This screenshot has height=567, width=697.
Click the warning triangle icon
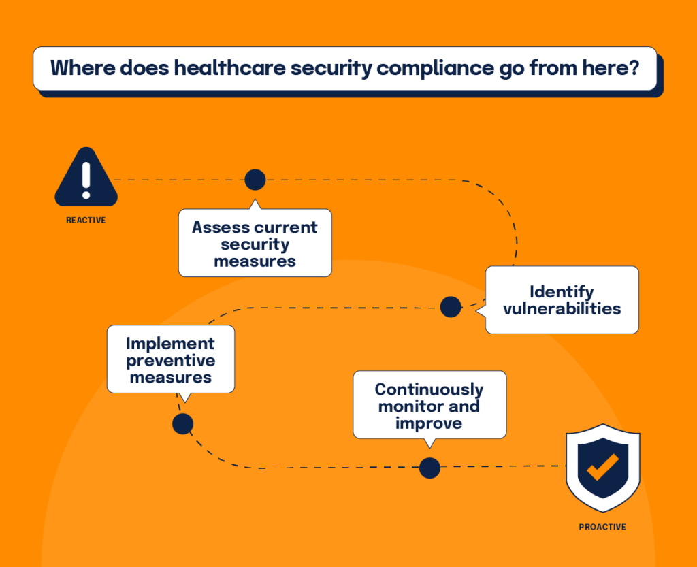pos(86,178)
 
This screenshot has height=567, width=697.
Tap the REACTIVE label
pos(86,221)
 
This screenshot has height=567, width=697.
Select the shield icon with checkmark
pos(602,468)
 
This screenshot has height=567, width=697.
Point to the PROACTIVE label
pos(602,527)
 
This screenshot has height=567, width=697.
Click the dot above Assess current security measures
pos(255,180)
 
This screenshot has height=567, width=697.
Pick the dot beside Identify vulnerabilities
pos(451,307)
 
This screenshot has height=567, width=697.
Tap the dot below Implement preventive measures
pos(182,425)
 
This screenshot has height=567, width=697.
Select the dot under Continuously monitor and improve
pos(429,468)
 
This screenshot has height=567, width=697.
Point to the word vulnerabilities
pos(562,308)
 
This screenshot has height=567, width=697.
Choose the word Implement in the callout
pos(171,344)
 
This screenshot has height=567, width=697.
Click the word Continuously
pos(429,390)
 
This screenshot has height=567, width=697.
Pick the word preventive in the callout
pos(171,360)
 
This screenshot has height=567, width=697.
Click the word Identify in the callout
pos(562,292)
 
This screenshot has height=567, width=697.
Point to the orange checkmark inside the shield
pos(602,467)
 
